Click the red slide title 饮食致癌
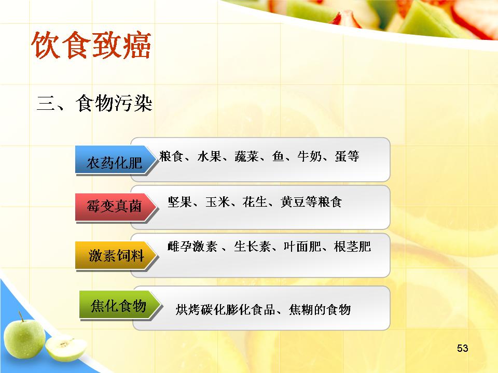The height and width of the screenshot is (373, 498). (x=91, y=45)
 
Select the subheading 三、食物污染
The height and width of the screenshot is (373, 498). (x=94, y=103)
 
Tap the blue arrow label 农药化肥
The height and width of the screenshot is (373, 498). (x=114, y=163)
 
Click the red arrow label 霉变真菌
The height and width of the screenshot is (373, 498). (x=114, y=206)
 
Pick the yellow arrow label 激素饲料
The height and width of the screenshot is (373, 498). (x=116, y=255)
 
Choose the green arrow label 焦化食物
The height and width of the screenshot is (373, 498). (x=118, y=306)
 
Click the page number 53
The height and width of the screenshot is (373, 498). (x=462, y=348)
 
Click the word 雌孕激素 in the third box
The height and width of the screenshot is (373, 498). (x=192, y=247)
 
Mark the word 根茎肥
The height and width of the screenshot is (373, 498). (x=353, y=247)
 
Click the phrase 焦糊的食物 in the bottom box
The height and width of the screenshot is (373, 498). (x=320, y=310)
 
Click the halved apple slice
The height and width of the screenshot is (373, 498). (x=66, y=349)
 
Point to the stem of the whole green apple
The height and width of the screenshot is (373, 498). (x=21, y=317)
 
